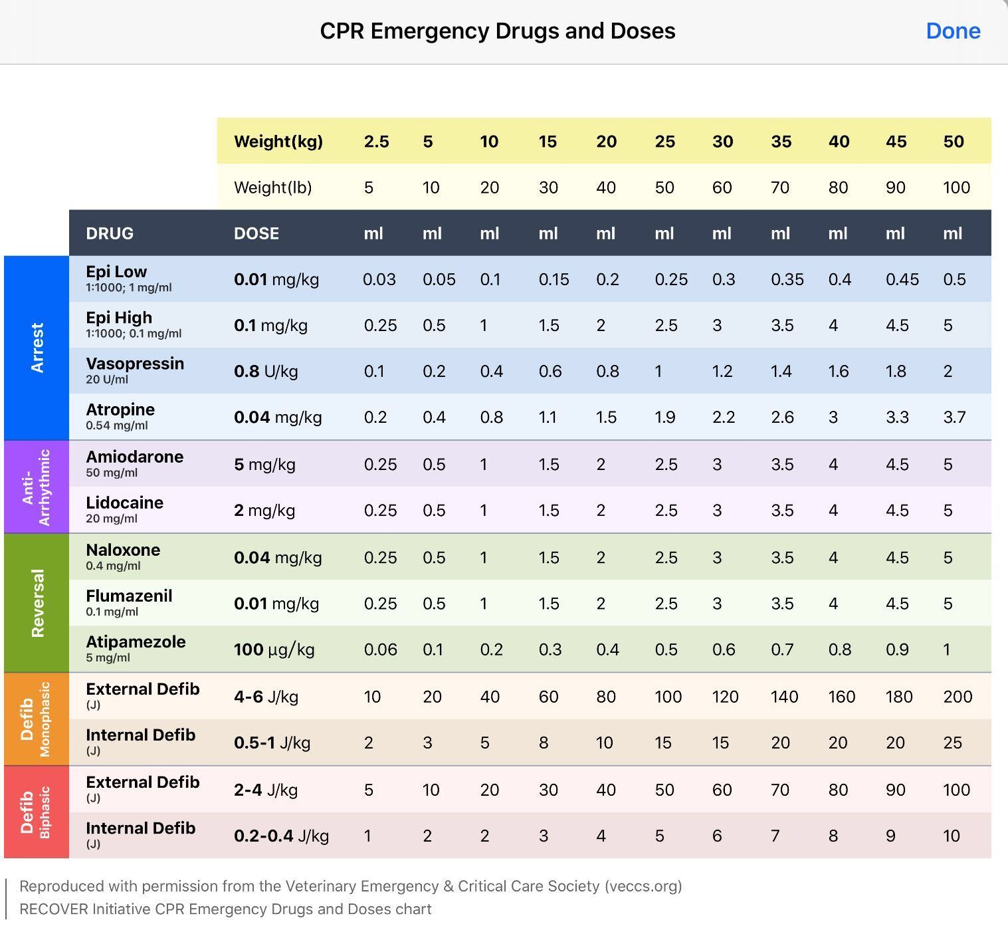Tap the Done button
point(953,31)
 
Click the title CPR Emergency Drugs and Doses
point(498,31)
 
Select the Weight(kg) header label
point(278,142)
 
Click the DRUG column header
point(110,233)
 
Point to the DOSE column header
point(256,233)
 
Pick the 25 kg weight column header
point(664,142)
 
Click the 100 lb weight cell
point(956,187)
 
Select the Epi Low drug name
point(116,272)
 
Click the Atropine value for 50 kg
point(954,417)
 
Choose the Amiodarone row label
point(135,457)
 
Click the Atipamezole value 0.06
point(380,649)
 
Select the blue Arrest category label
point(37,348)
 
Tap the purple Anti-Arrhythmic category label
point(37,487)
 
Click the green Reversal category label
point(37,603)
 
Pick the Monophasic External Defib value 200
point(958,697)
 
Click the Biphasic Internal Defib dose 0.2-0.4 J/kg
point(281,836)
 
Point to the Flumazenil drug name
point(129,596)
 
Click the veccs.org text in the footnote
point(643,886)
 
